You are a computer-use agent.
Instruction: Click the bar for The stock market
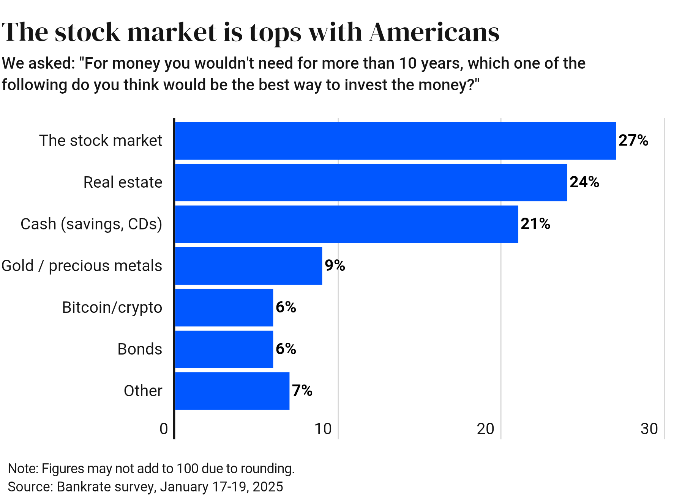coord(395,141)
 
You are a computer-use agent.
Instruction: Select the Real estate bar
coord(371,182)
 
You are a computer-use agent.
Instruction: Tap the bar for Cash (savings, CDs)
coord(346,224)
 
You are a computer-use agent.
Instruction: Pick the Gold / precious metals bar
coord(248,266)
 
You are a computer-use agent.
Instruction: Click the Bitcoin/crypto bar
coord(224,308)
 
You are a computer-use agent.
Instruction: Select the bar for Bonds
coord(224,349)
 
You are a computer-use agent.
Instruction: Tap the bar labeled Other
coord(232,391)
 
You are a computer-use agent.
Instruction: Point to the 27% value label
coord(633,141)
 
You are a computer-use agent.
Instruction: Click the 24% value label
coord(584,182)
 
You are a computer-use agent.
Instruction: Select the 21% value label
coord(535,224)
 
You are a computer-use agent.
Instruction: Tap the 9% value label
coord(335,266)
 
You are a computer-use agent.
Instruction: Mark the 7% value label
coord(302,391)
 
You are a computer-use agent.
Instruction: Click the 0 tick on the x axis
coord(164,429)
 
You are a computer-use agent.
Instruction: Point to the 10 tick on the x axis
coord(323,429)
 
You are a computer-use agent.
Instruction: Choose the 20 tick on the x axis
coord(486,429)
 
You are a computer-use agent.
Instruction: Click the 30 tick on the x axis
coord(649,429)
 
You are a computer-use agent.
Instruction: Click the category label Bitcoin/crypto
coord(112,308)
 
